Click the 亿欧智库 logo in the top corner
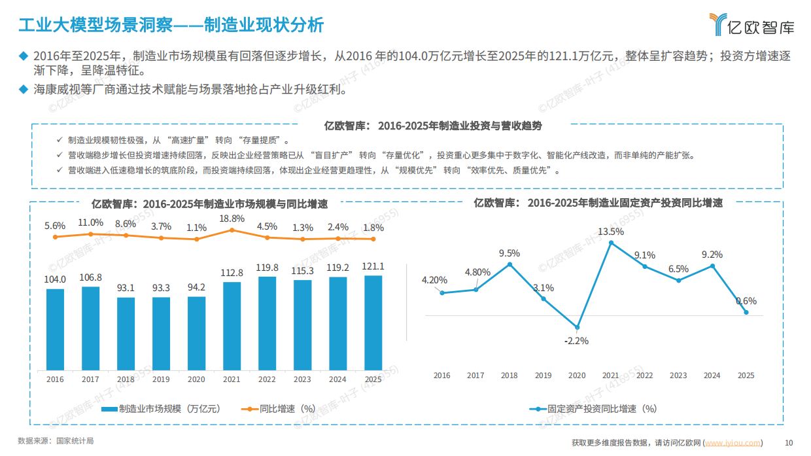coord(752,24)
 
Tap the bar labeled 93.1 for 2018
coord(126,333)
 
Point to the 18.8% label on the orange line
coord(232,219)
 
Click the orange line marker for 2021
coord(232,230)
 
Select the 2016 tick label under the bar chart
coord(55,379)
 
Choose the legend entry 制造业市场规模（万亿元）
coord(161,409)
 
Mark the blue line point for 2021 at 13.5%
coord(611,243)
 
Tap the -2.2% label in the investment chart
coord(577,340)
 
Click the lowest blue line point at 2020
coord(577,327)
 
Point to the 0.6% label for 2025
coord(746,301)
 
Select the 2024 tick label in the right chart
coord(712,376)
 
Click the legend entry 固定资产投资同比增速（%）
coord(593,409)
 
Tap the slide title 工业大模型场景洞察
coord(95,26)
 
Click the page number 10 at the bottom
coord(788,443)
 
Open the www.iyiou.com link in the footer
coord(733,443)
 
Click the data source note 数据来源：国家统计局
coord(56,441)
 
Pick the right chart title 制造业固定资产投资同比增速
coord(598,203)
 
